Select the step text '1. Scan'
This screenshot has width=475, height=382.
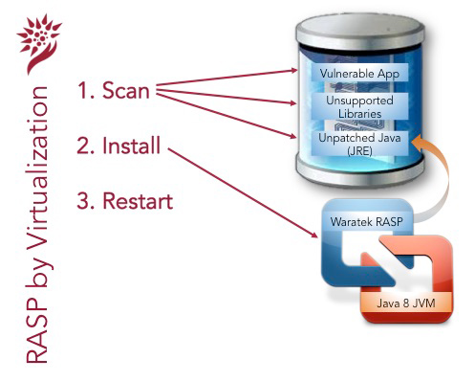114,90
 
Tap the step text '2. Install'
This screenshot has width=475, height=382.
119,146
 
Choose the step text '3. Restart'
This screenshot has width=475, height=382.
125,201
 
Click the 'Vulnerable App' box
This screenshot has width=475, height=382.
359,73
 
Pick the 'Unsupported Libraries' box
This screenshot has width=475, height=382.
359,107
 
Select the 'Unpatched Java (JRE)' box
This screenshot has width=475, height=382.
359,144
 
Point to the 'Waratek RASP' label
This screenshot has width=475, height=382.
366,221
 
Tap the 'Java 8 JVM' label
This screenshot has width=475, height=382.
406,303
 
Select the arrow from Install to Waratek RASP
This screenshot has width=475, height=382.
243,193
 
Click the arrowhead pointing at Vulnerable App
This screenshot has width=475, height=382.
292,71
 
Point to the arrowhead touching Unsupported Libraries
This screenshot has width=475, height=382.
292,102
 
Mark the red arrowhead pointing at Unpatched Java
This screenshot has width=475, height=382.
291,136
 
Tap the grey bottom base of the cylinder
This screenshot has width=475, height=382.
360,170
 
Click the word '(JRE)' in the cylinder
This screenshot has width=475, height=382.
359,150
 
